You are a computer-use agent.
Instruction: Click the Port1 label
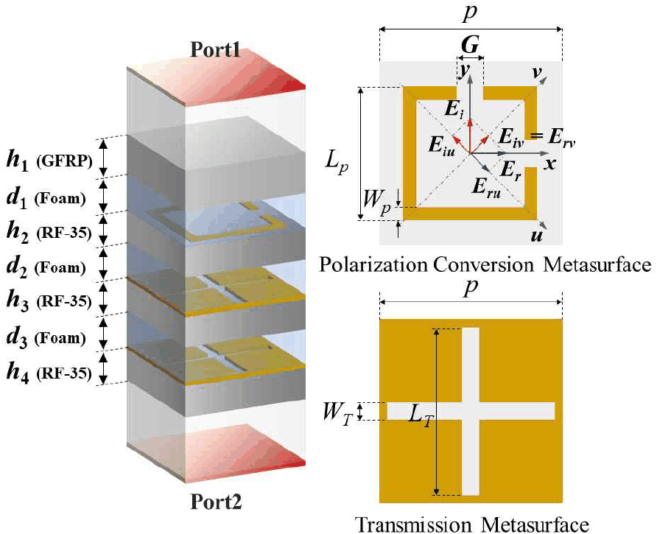pyautogui.click(x=215, y=49)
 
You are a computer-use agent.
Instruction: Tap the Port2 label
pyautogui.click(x=217, y=502)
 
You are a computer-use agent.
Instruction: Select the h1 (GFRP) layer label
pyautogui.click(x=49, y=161)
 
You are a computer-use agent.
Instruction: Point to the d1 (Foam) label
pyautogui.click(x=46, y=198)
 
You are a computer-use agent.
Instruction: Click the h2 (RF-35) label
pyautogui.click(x=49, y=232)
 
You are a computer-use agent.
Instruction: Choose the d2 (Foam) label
pyautogui.click(x=46, y=267)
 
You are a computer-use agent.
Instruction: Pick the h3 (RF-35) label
pyautogui.click(x=49, y=301)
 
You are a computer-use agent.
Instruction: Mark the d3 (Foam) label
pyautogui.click(x=46, y=338)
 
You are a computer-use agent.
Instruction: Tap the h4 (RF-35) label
pyautogui.click(x=49, y=373)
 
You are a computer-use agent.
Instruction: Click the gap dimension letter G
pyautogui.click(x=470, y=44)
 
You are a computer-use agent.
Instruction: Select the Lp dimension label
pyautogui.click(x=337, y=161)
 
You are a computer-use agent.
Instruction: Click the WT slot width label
pyautogui.click(x=337, y=413)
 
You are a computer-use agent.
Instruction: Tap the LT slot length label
pyautogui.click(x=421, y=416)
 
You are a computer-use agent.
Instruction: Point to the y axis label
pyautogui.click(x=463, y=71)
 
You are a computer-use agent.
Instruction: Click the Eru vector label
pyautogui.click(x=486, y=187)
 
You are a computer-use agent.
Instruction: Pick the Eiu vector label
pyautogui.click(x=442, y=145)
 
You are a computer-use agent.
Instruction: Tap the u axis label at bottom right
pyautogui.click(x=537, y=236)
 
